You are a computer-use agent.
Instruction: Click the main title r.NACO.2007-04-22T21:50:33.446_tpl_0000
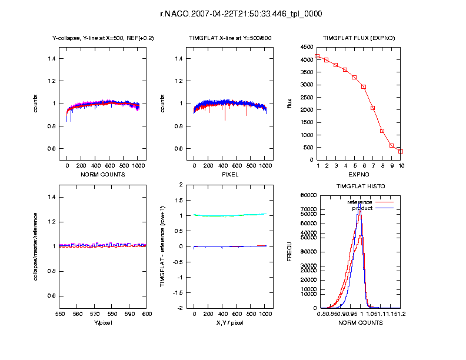(x=233, y=14)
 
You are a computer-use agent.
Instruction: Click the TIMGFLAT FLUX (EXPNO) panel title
(x=359, y=38)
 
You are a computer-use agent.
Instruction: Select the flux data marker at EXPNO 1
(x=317, y=56)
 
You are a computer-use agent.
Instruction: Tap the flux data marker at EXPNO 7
(x=373, y=108)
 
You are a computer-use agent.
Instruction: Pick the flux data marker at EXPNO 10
(x=401, y=151)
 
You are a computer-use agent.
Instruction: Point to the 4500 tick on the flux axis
(x=305, y=47)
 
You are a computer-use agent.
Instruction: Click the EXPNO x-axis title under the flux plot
(x=359, y=175)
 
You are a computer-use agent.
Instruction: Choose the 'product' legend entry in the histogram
(x=362, y=208)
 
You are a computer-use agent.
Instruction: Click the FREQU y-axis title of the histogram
(x=289, y=251)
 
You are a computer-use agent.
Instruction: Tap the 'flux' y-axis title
(x=289, y=104)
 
